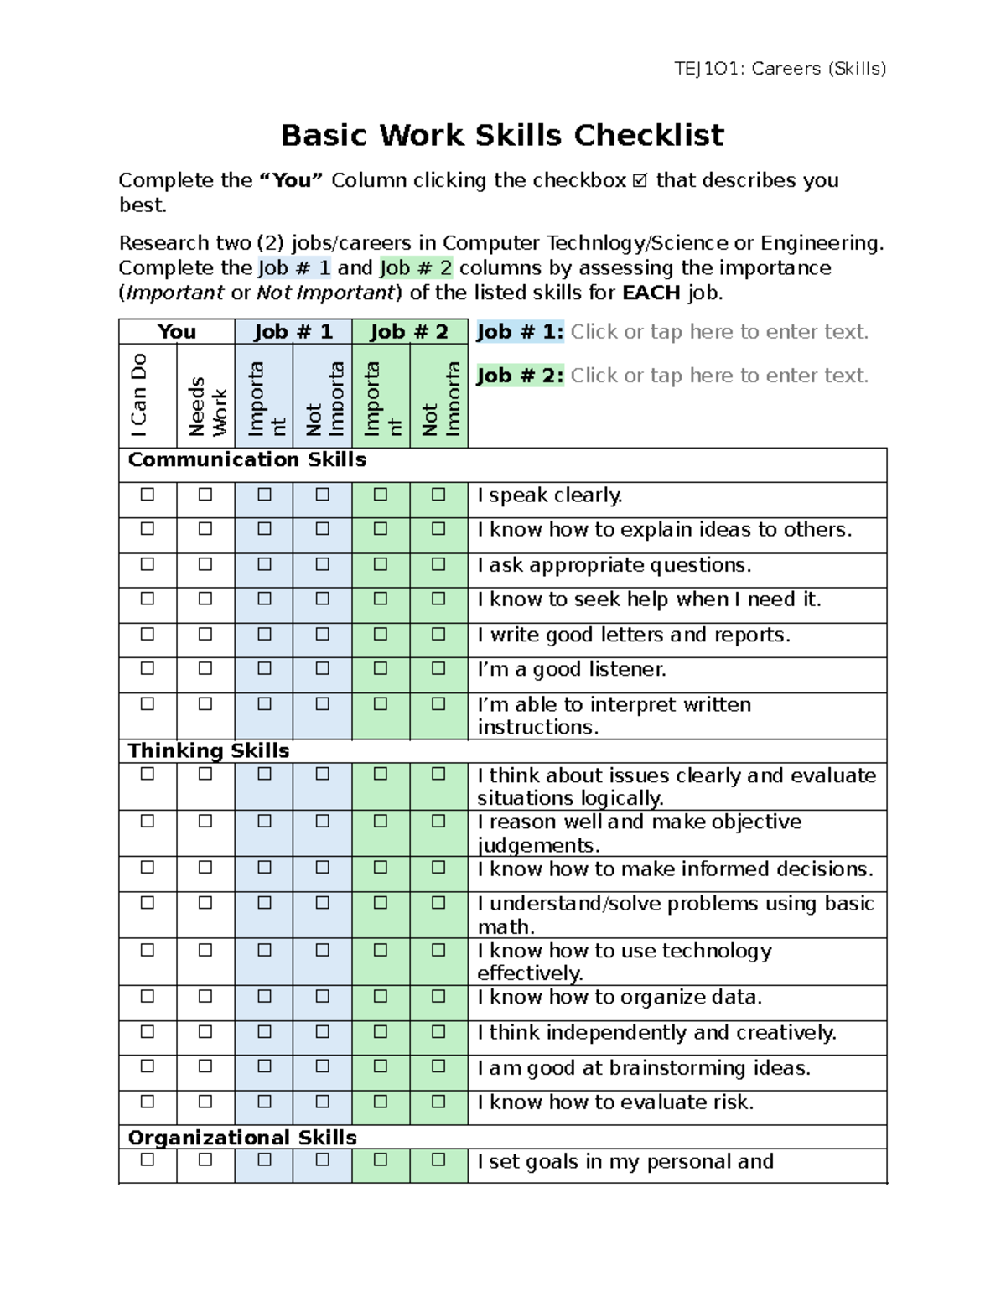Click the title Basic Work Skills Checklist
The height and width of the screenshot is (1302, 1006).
pos(502,135)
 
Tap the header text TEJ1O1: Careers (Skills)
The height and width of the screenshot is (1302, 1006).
pos(780,69)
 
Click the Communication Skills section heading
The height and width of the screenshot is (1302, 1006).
pos(246,460)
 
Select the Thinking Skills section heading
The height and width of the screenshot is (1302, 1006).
pos(209,750)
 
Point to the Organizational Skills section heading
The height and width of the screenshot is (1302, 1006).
pos(242,1138)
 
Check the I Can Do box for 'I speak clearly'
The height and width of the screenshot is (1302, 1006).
pos(148,495)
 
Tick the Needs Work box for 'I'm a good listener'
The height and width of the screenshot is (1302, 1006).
pos(205,669)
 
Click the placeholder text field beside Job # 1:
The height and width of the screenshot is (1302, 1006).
pos(719,332)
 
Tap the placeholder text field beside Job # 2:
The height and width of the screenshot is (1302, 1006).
pos(719,376)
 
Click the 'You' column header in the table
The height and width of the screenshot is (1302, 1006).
pos(176,332)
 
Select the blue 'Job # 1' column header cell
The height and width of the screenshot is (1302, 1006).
pos(293,332)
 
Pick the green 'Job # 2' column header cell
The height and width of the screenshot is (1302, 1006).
pos(409,332)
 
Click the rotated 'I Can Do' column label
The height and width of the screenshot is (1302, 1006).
pos(139,395)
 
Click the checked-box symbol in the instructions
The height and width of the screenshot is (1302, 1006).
pos(640,181)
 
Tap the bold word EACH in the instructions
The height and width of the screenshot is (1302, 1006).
pos(651,293)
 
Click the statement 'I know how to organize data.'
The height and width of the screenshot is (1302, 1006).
pos(620,997)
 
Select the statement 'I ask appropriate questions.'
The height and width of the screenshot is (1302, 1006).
pos(614,565)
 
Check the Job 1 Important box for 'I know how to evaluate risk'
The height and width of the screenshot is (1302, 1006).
pos(264,1102)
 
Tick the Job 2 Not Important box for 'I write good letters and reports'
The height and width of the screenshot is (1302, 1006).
pos(438,635)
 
